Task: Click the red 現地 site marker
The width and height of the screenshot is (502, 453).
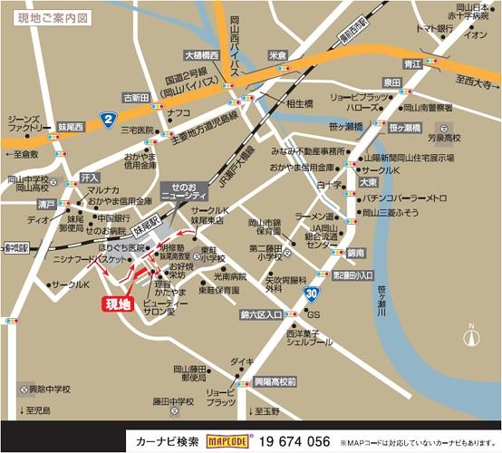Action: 120,304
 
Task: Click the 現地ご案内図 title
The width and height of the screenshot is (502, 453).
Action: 47,16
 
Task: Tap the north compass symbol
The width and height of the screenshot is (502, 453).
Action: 469,337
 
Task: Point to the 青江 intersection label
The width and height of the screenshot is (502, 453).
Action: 412,64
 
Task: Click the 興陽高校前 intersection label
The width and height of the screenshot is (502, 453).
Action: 275,383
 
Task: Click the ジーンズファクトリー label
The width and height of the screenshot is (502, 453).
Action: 24,125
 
